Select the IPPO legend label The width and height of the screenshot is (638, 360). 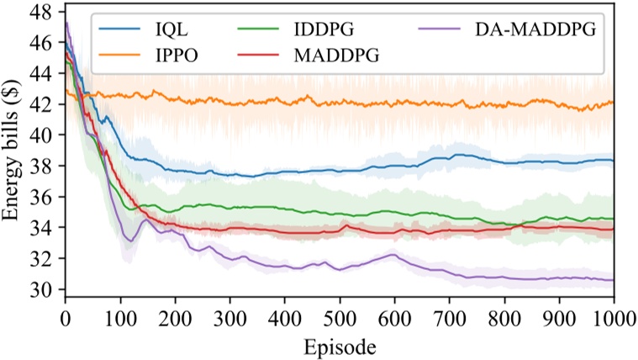coord(166,56)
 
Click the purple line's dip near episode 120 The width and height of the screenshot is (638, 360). coord(129,241)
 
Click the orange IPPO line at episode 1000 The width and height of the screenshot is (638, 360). coord(613,102)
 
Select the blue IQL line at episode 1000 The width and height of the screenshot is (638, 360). coord(613,160)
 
